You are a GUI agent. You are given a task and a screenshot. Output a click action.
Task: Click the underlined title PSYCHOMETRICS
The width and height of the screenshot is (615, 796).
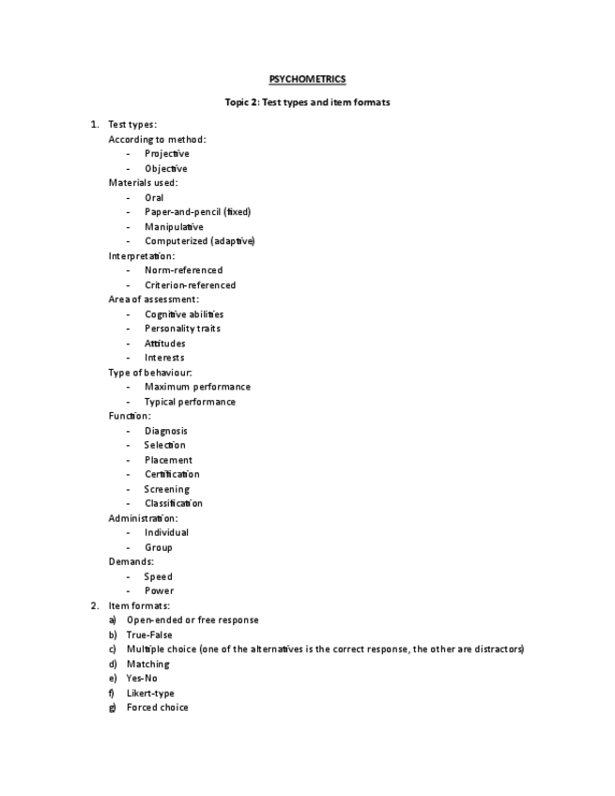coord(307,80)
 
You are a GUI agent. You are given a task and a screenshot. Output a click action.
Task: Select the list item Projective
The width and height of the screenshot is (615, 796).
coord(166,154)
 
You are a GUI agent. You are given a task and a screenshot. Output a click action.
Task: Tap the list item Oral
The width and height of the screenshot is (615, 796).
coord(154,198)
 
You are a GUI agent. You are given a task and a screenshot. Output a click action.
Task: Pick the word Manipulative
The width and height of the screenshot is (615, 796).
coord(174,227)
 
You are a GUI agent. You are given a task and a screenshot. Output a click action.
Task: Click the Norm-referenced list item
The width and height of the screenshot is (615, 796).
coord(183,270)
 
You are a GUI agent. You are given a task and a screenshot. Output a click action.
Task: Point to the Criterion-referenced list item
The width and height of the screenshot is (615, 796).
coord(190,285)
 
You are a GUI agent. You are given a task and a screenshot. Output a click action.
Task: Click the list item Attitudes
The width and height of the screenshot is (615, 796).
coord(164,344)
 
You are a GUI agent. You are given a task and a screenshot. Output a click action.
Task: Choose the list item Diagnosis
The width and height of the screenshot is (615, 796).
coord(165,431)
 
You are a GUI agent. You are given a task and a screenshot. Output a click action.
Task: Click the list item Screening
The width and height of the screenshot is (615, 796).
coord(166,489)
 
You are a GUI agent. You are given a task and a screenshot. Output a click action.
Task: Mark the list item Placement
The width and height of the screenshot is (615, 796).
coord(168,460)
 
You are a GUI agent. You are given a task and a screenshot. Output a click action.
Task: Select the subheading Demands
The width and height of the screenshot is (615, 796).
coord(131,561)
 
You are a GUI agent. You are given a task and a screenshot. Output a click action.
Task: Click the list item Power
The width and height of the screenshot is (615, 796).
coord(159,591)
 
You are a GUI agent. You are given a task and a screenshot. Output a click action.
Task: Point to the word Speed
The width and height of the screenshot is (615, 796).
coord(158,576)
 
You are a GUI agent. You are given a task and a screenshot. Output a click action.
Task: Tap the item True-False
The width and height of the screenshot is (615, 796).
coord(149,635)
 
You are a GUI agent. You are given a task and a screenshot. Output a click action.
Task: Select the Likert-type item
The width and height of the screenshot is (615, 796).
coord(150,694)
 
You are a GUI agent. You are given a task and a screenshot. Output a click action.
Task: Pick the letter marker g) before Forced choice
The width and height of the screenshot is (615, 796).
coord(112,708)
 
